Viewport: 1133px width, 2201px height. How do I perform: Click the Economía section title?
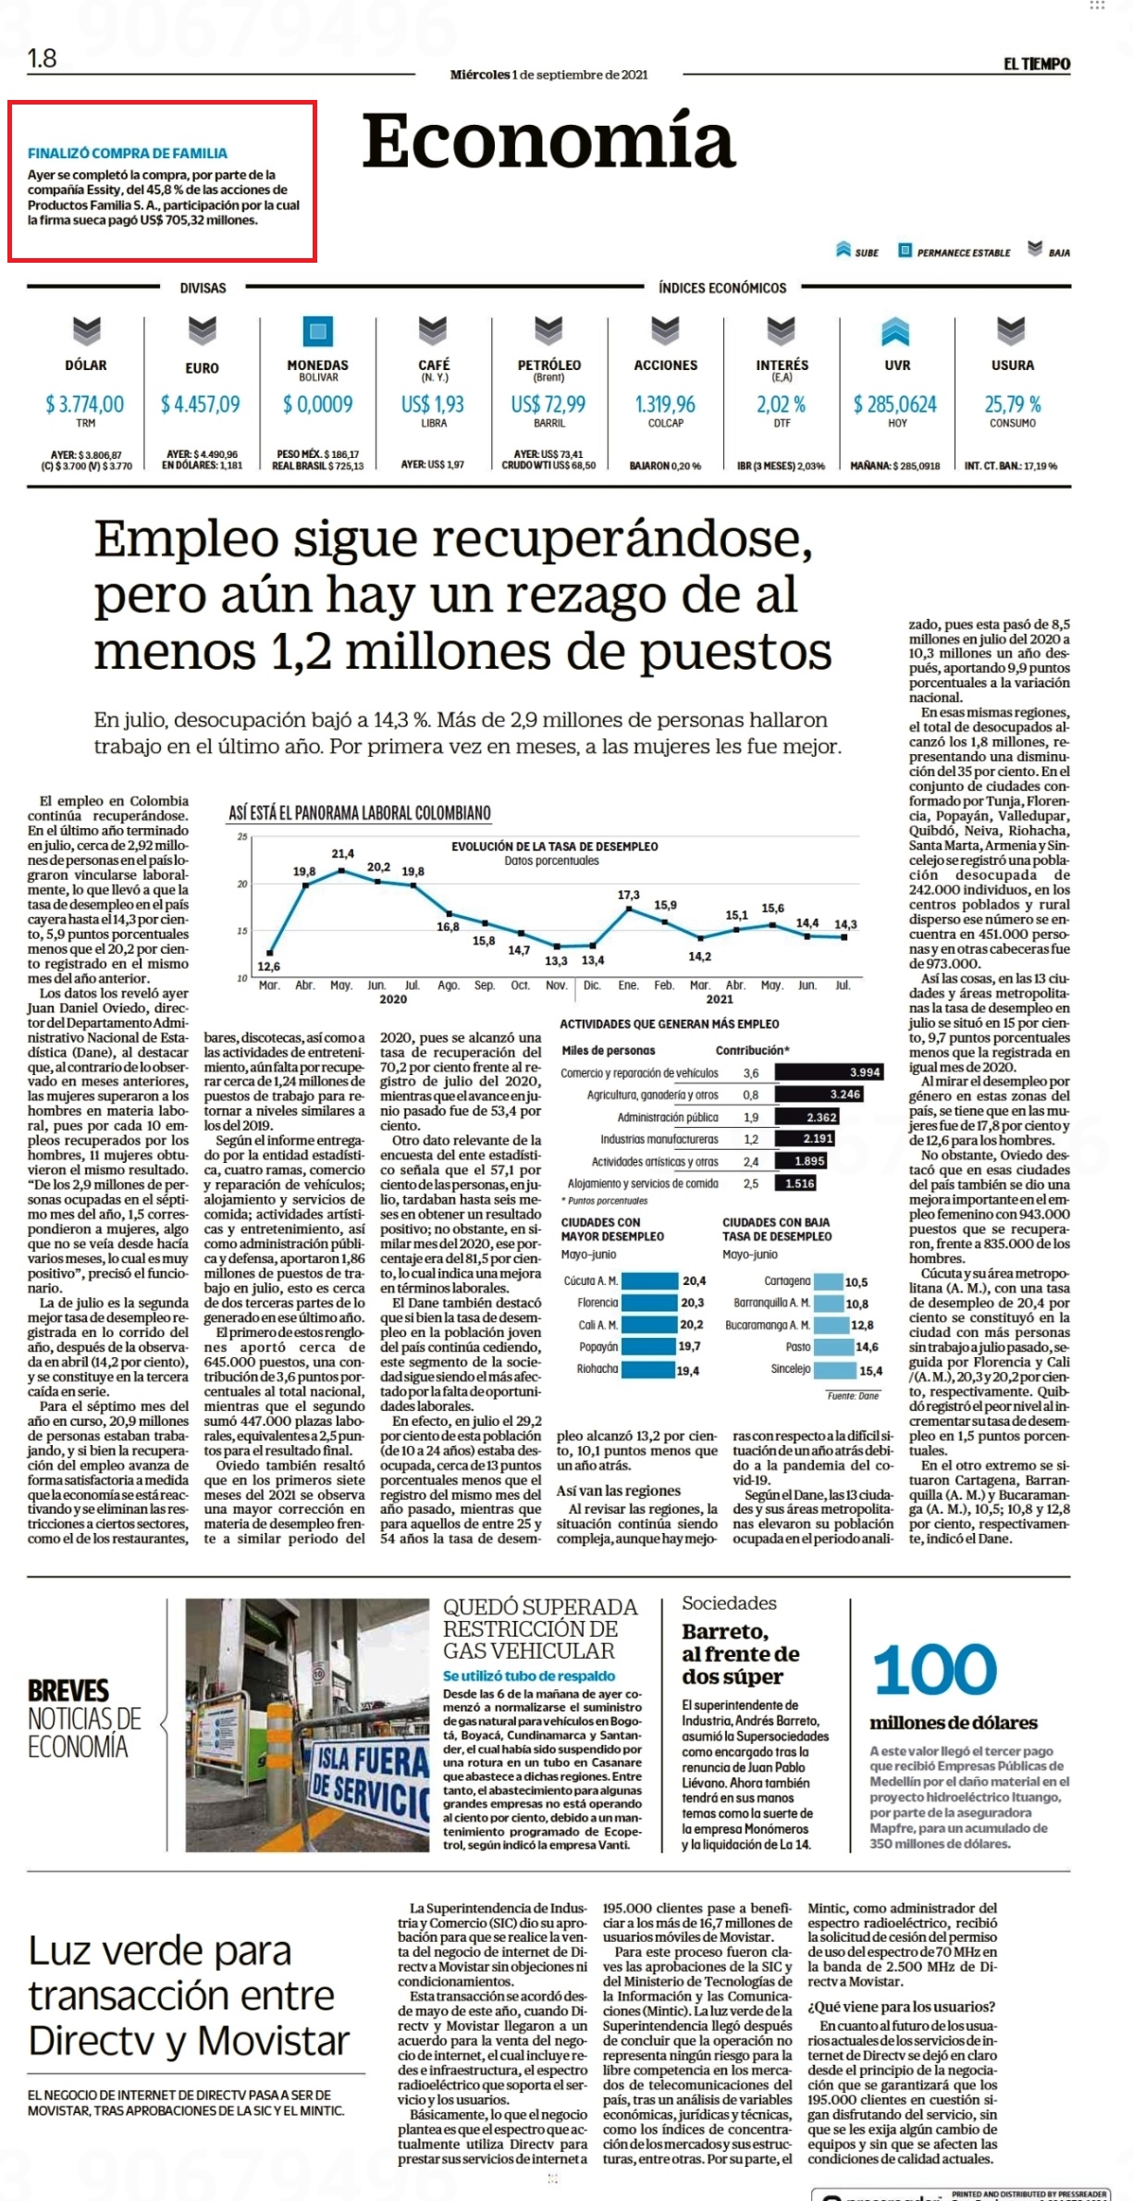pos(548,141)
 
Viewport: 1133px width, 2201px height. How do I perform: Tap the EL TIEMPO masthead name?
pos(1037,64)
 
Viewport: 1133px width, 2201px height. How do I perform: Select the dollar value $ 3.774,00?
pos(85,404)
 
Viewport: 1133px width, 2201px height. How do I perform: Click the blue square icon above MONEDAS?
pos(317,331)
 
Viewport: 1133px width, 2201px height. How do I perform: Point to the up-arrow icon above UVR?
pos(895,330)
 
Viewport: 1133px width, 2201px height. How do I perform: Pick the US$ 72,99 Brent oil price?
pos(548,404)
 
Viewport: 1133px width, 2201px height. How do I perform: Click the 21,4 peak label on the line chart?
pos(343,854)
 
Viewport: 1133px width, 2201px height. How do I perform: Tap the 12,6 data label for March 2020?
pos(269,967)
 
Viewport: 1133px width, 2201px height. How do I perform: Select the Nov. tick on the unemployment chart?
pos(556,985)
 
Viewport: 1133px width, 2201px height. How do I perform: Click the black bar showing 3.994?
pos(830,1072)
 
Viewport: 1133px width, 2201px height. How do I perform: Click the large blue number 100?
pos(935,1670)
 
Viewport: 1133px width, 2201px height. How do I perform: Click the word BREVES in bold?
pos(68,1691)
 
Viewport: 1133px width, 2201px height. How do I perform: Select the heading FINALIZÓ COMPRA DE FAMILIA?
pos(128,154)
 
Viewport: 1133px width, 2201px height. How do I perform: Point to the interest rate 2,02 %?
pos(782,404)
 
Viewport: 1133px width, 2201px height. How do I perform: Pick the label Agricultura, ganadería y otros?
pos(653,1095)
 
